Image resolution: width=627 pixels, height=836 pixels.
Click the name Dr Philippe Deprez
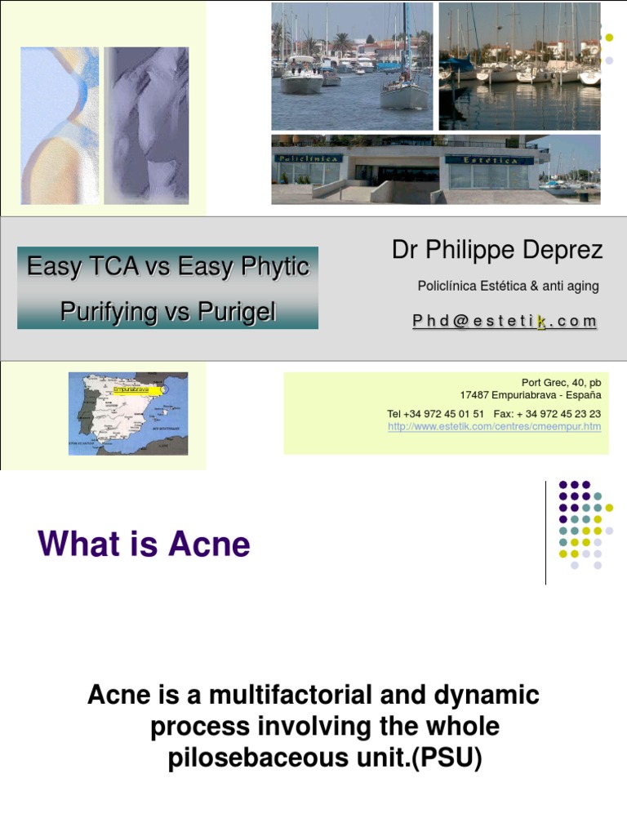pyautogui.click(x=497, y=251)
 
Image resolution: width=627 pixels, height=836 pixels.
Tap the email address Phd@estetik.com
pyautogui.click(x=505, y=322)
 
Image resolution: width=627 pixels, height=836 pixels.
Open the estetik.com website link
pyautogui.click(x=494, y=426)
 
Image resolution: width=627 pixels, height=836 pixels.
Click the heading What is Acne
pyautogui.click(x=144, y=545)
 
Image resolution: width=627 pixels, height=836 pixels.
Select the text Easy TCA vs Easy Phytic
pyautogui.click(x=168, y=267)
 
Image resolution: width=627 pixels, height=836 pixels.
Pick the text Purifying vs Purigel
pyautogui.click(x=168, y=311)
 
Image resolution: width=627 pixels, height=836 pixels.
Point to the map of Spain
pyautogui.click(x=128, y=413)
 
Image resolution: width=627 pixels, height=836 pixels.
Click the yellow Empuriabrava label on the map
pyautogui.click(x=138, y=390)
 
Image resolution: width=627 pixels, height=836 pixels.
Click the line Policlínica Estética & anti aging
pyautogui.click(x=508, y=286)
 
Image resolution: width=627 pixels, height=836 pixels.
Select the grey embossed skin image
pyautogui.click(x=147, y=125)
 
